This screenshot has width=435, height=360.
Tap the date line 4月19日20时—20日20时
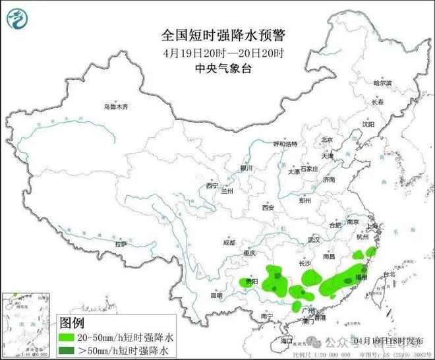pyautogui.click(x=217, y=53)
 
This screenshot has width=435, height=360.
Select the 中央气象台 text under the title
pyautogui.click(x=217, y=68)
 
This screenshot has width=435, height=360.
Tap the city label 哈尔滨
pyautogui.click(x=382, y=84)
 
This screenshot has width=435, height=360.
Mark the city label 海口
pyautogui.click(x=284, y=341)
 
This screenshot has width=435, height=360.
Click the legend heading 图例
pyautogui.click(x=74, y=323)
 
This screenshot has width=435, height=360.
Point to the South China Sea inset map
pyautogui.click(x=28, y=323)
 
